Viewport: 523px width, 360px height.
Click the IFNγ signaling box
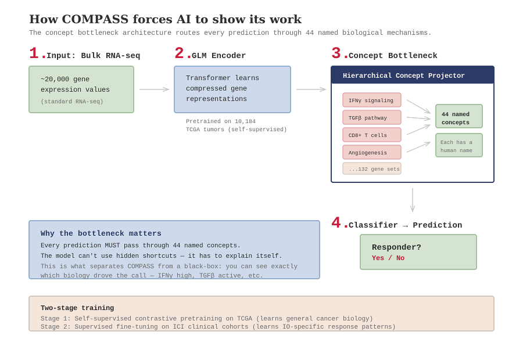point(371,100)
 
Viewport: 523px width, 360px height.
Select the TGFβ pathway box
point(371,118)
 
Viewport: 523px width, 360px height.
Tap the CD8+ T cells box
point(371,135)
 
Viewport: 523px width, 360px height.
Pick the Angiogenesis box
point(371,152)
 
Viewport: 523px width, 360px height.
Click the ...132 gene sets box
point(371,168)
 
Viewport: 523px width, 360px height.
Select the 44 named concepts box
point(458,116)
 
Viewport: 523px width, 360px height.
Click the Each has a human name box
point(458,145)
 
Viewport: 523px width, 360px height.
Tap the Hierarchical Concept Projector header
point(412,75)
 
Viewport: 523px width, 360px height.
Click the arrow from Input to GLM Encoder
point(154,89)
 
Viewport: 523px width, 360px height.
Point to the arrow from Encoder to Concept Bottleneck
point(311,89)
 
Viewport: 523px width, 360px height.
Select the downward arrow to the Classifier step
point(413,200)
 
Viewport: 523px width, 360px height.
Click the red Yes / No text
point(388,258)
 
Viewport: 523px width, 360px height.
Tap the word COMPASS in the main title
point(95,19)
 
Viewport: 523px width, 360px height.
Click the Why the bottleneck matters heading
point(101,233)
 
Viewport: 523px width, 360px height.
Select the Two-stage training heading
point(77,308)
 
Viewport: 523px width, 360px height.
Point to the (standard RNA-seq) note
point(72,102)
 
